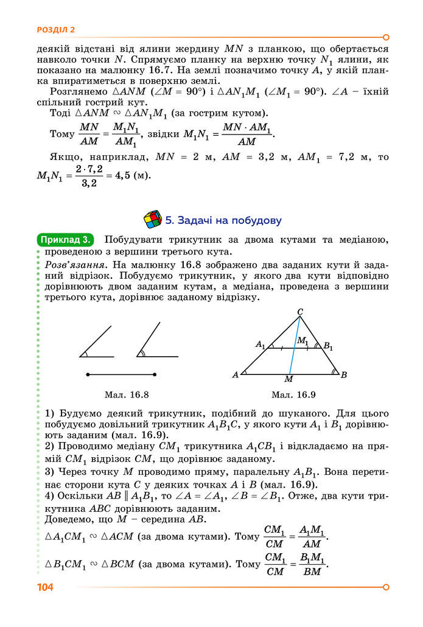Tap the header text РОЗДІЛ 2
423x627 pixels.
pos(56,29)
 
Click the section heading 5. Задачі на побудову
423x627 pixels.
pos(223,220)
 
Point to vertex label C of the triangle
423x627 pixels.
pos(300,312)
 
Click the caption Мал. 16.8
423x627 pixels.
pos(127,394)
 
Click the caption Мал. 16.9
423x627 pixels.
pos(293,394)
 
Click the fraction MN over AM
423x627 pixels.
pos(89,135)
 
